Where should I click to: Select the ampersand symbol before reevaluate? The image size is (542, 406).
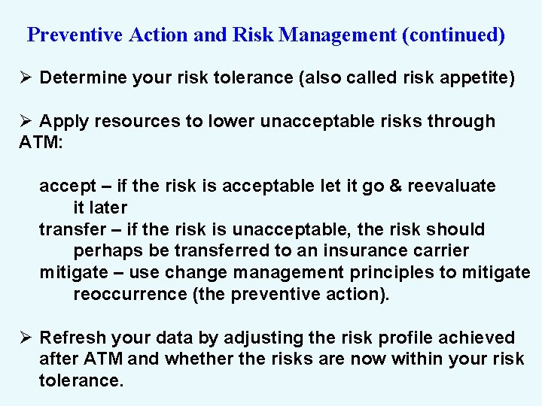(x=395, y=186)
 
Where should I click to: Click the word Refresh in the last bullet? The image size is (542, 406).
(x=70, y=338)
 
